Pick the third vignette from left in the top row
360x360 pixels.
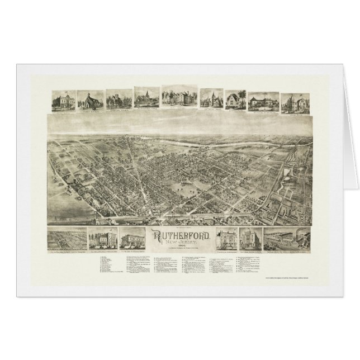click(x=117, y=100)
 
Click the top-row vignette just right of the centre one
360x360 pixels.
click(x=210, y=100)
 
